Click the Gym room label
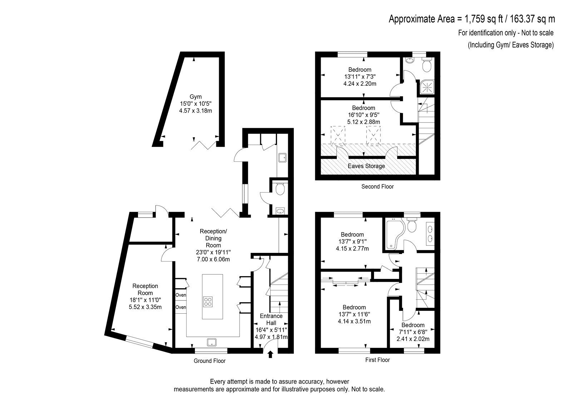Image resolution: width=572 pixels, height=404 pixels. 196,97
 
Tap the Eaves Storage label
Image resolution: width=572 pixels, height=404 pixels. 366,166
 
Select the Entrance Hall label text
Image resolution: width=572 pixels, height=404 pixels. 271,319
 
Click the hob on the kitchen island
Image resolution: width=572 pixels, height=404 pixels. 208,301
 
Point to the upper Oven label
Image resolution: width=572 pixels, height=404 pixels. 181,295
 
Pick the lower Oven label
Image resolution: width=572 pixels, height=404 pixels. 181,307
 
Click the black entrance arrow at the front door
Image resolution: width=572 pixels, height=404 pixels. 270,354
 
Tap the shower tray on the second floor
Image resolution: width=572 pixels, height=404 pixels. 427,87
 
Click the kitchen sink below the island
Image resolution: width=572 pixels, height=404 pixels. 212,342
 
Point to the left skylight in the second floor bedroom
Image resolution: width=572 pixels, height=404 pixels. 338,135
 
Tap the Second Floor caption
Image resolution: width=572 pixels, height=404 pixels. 378,186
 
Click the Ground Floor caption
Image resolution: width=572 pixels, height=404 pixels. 209,361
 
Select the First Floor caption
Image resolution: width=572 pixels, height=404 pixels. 378,360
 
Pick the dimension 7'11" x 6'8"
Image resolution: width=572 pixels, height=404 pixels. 413,332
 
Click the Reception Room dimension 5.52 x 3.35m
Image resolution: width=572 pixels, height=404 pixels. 145,307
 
